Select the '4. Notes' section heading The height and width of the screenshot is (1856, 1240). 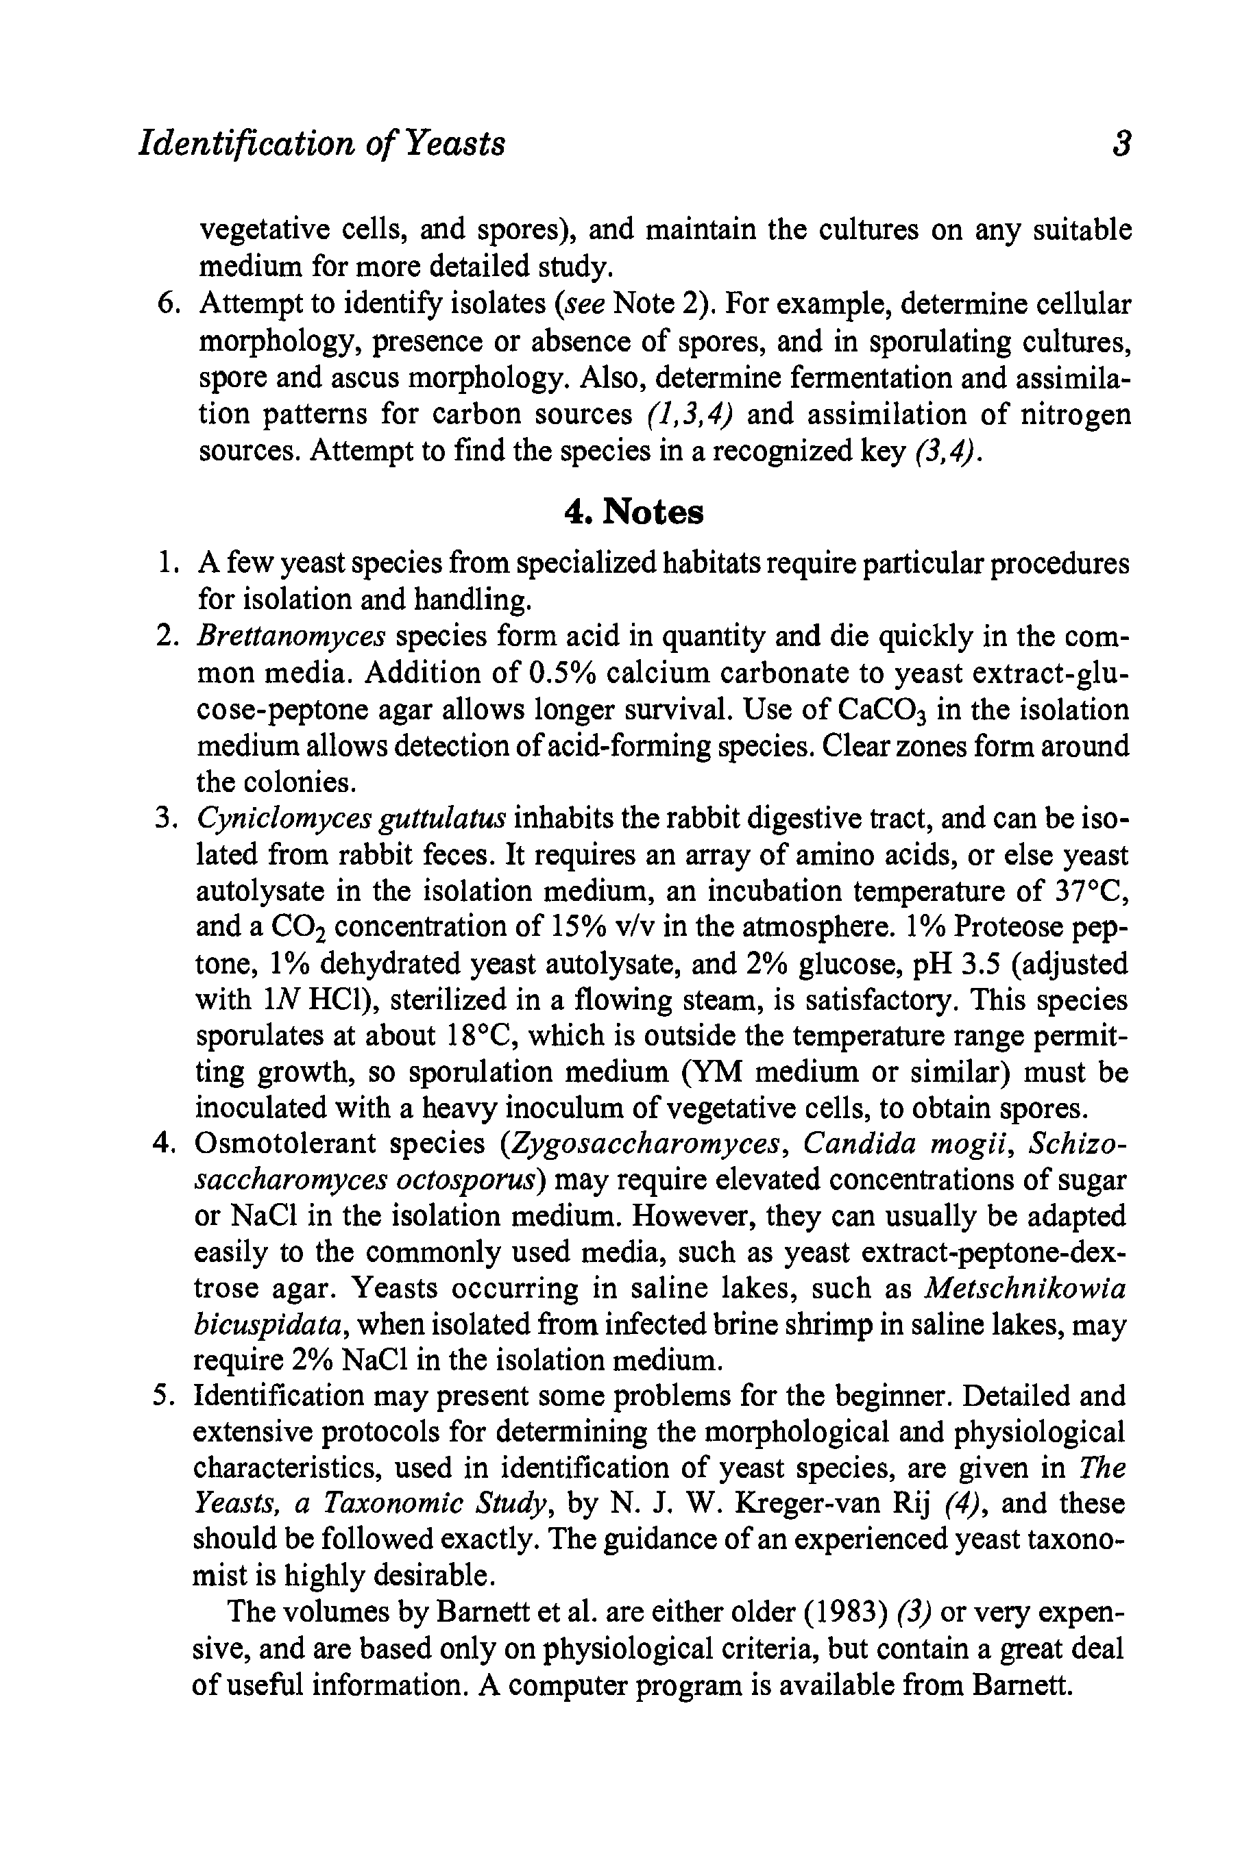[x=633, y=512]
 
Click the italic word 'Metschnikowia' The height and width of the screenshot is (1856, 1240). [x=1025, y=1289]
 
